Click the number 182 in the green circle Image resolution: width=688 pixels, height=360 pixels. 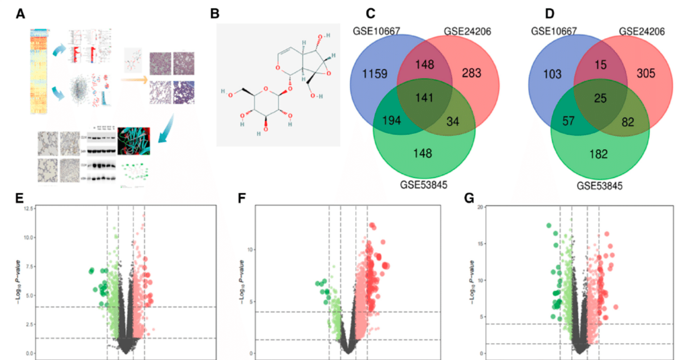[x=598, y=155]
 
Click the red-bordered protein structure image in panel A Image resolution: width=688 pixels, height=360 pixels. [x=137, y=141]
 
